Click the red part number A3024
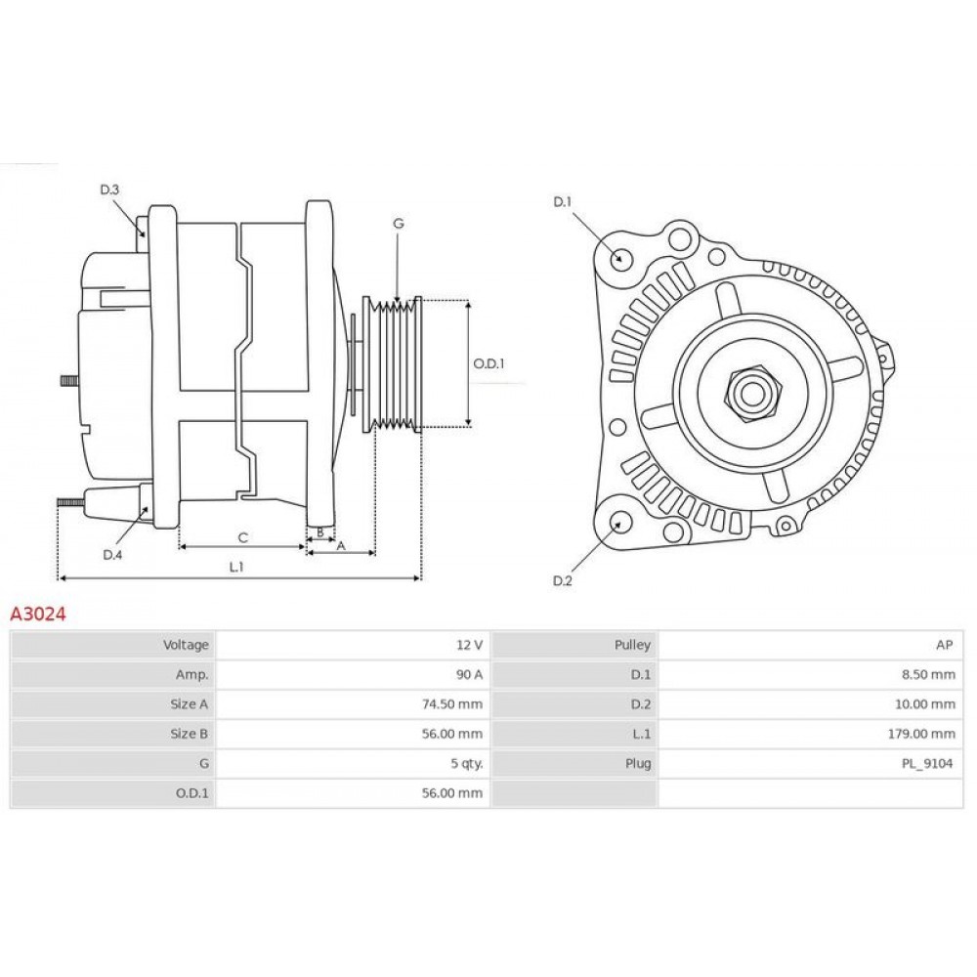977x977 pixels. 38,615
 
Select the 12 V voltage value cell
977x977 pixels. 469,645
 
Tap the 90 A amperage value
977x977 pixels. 469,675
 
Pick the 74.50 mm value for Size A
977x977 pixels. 451,704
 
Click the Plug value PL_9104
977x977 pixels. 927,763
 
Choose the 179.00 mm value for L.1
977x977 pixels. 921,734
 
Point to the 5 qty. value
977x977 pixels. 467,763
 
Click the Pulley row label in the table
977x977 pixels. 632,645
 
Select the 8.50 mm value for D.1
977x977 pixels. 927,675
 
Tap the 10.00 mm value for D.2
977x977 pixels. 924,704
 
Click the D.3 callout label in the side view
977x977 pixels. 109,190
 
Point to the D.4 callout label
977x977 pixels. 112,555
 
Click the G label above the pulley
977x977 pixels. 399,223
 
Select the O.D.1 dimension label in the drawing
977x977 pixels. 488,363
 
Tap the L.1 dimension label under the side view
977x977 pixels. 236,567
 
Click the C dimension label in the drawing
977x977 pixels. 243,537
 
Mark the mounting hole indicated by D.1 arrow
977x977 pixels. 621,257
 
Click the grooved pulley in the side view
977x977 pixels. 393,364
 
